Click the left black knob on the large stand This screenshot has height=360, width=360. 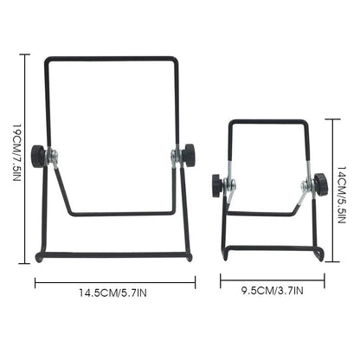coord(37,156)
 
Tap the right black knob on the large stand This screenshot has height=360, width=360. coord(188,156)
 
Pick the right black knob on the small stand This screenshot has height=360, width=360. coord(320,183)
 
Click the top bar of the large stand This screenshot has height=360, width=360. coord(112,57)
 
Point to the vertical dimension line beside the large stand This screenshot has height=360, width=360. coord(25,157)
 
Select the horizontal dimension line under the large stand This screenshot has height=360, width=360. coord(114,282)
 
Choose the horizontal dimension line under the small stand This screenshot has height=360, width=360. coord(272,279)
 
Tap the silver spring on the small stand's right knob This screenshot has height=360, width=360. coord(305,183)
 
